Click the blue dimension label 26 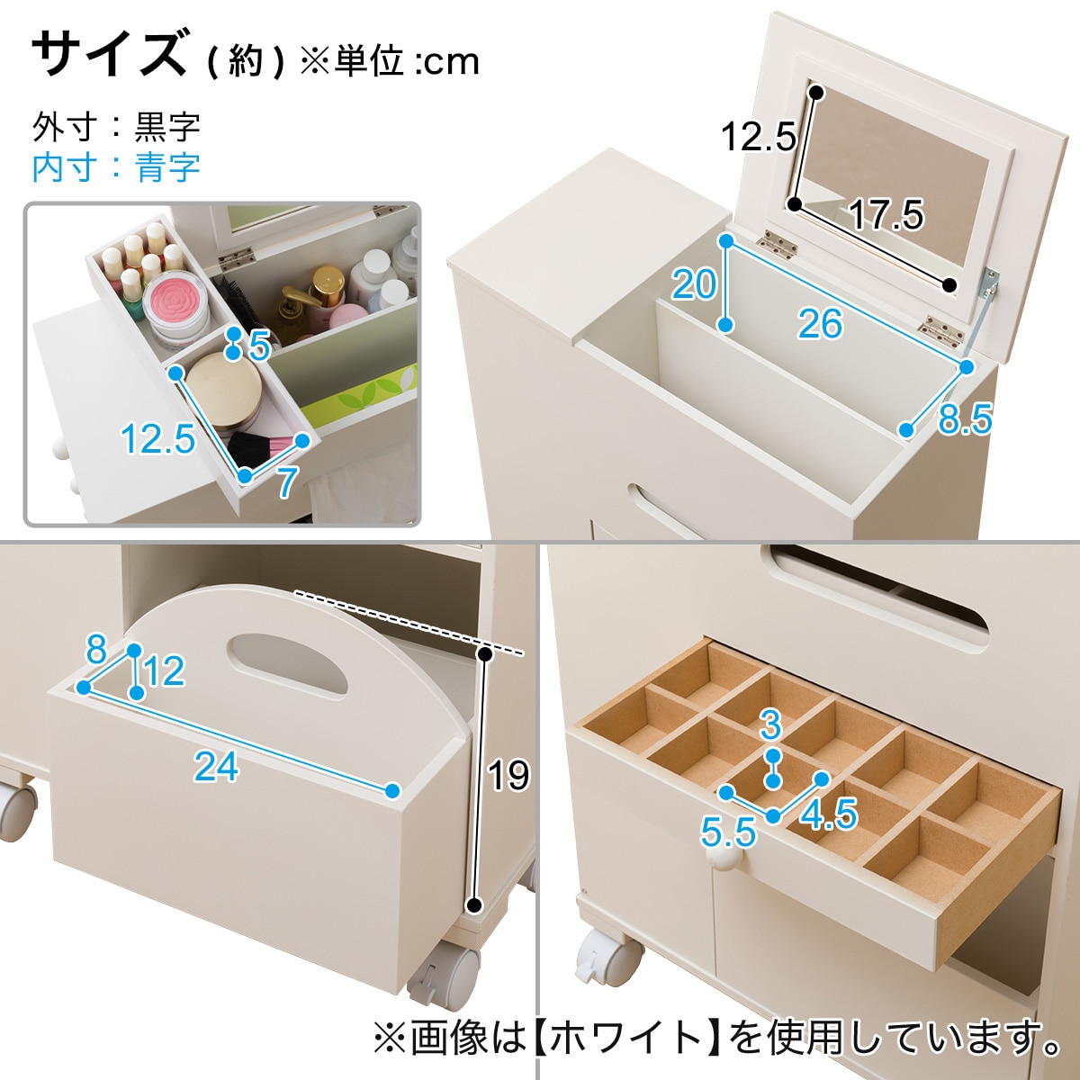[820, 323]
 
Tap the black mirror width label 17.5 [886, 215]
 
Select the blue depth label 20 [694, 284]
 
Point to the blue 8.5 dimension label [965, 418]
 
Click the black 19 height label [508, 775]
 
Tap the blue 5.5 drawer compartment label [728, 832]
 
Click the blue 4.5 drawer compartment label [828, 814]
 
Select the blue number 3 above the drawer [770, 724]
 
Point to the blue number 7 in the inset [286, 481]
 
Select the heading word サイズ [109, 54]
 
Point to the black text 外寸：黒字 [116, 127]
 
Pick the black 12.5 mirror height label [758, 137]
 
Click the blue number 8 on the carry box [96, 650]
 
